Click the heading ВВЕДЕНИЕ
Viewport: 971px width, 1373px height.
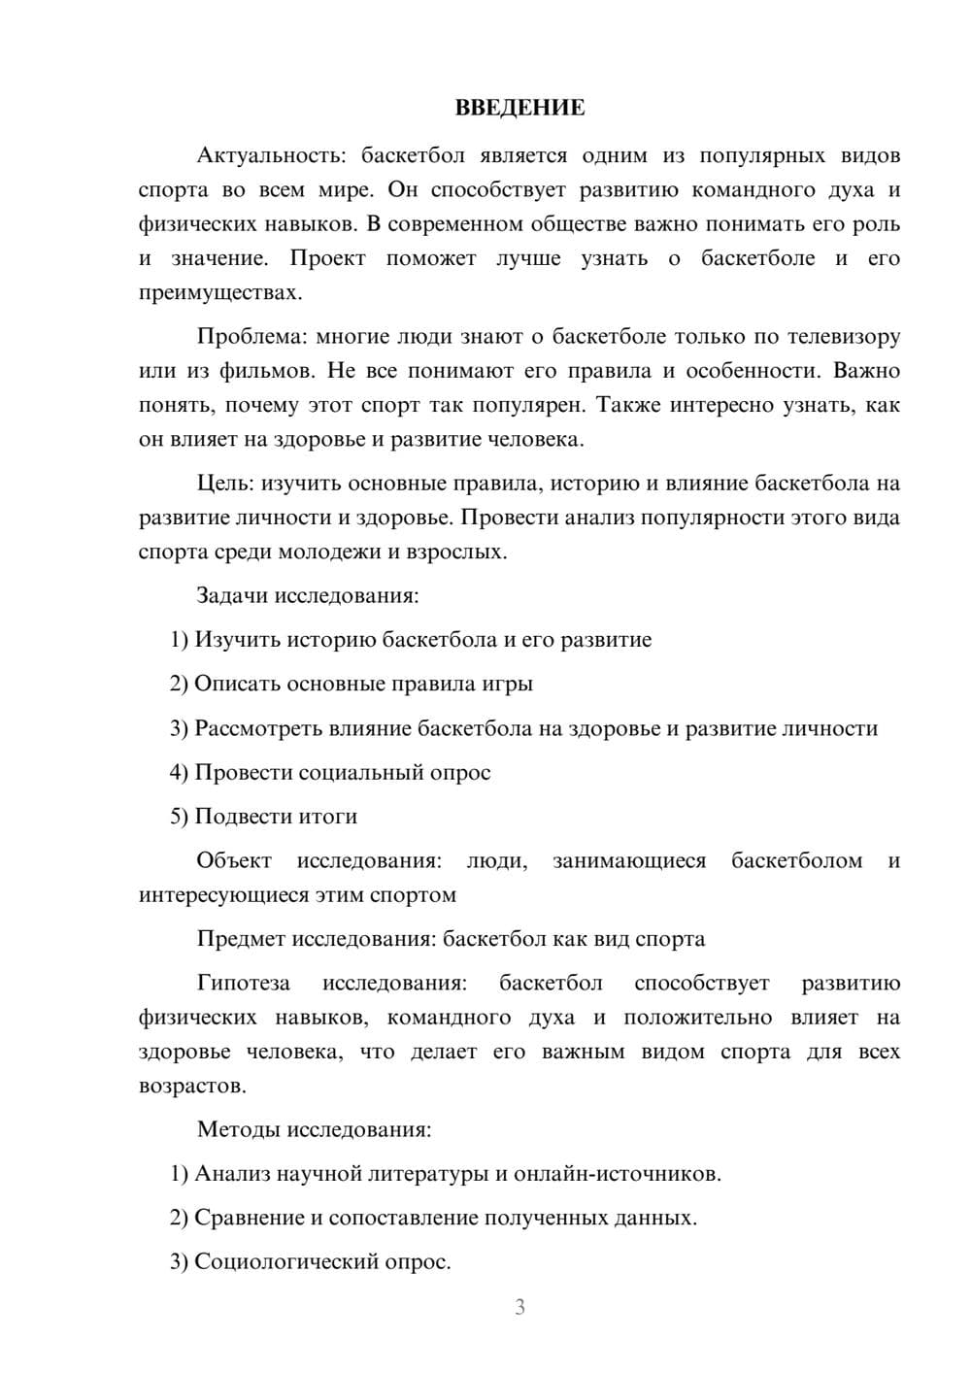[519, 108]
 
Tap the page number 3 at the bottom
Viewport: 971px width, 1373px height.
[519, 1307]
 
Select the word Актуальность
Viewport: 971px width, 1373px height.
[270, 155]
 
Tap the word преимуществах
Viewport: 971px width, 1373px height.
[219, 292]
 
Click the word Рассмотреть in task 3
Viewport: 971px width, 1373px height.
[258, 728]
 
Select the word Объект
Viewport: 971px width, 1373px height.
[234, 860]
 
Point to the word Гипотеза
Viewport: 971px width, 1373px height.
[243, 983]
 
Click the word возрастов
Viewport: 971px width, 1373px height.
[191, 1086]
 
